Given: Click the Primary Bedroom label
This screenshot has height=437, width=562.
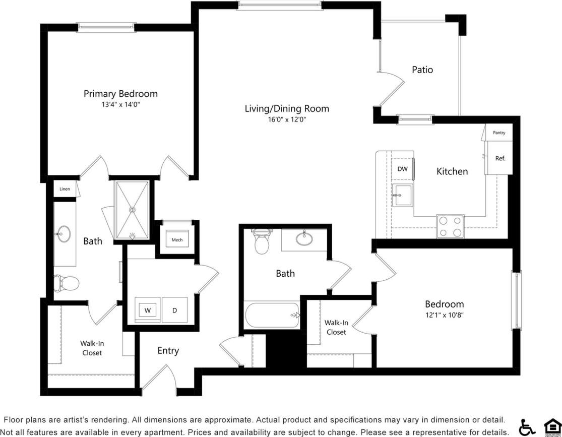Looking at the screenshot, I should [120, 94].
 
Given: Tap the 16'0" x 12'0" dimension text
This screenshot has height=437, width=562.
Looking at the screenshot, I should [286, 119].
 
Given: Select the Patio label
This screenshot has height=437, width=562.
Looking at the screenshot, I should [422, 70].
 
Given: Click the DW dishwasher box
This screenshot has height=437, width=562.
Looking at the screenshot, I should [402, 169].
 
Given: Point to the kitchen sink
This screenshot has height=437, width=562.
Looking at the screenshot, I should [403, 195].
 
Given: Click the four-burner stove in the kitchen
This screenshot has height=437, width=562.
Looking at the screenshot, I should [450, 226].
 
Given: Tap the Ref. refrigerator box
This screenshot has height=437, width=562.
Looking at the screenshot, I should [499, 158].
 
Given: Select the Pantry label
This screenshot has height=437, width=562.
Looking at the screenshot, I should [498, 133].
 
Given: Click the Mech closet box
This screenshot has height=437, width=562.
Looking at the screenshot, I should [177, 239].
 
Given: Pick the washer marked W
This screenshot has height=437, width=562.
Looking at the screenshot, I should [148, 310].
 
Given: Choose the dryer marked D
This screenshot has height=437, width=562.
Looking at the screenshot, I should [174, 310].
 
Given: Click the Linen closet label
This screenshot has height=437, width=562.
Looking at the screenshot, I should [65, 189].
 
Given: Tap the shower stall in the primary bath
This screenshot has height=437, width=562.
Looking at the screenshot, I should [132, 209].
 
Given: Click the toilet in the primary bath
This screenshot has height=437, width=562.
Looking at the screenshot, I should [67, 283].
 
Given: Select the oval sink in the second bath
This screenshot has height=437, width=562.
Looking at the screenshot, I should [304, 238].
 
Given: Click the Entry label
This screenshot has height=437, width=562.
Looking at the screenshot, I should [168, 351].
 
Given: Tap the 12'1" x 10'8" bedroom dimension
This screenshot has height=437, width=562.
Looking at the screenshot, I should [444, 315].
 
